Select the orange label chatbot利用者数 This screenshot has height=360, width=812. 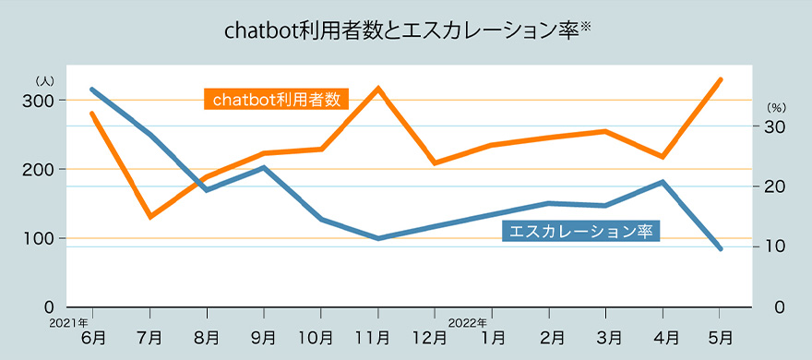pos(276,99)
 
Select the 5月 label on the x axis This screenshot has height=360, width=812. pos(721,338)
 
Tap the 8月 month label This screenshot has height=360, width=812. pos(208,338)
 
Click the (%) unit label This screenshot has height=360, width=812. pos(775,107)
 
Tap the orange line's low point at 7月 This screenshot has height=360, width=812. pos(150,217)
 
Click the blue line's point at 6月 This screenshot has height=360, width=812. pos(91,90)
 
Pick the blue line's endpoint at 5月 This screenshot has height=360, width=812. pos(721,249)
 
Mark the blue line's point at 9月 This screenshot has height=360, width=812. pos(265,168)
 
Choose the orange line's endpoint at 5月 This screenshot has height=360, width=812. pos(721,79)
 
